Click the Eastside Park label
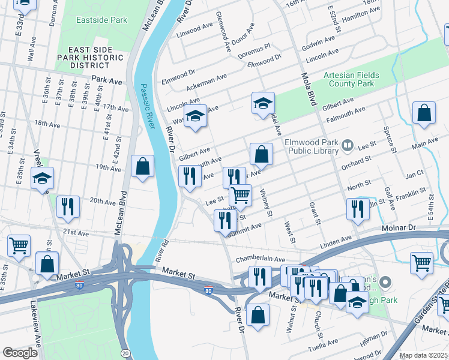tap(101, 20)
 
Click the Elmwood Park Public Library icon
tap(347, 145)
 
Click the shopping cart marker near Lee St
tap(240, 194)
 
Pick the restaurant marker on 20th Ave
tap(68, 206)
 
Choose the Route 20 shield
tap(124, 353)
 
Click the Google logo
tap(20, 352)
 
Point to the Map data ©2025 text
tap(423, 355)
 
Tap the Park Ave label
tap(107, 80)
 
